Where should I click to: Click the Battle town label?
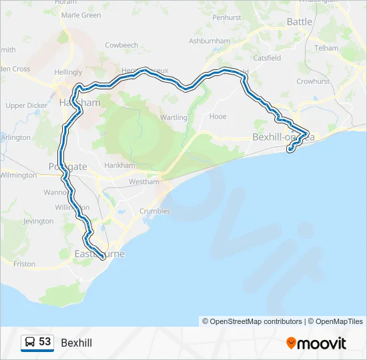(300, 22)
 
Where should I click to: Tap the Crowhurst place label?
(314, 81)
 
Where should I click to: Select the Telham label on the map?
(326, 48)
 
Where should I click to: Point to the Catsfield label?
(267, 58)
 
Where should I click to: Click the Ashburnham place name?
(209, 41)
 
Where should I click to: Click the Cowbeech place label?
(121, 45)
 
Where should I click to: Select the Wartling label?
(173, 118)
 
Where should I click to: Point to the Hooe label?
(218, 117)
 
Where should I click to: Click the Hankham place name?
(121, 165)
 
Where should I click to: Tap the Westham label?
(144, 181)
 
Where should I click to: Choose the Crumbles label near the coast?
(155, 211)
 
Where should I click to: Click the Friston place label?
(24, 264)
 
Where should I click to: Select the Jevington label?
(38, 221)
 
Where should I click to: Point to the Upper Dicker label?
(27, 105)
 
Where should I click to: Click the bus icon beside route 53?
(30, 342)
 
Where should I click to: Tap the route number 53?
(45, 342)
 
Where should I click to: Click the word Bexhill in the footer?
(76, 343)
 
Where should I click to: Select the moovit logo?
(316, 343)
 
